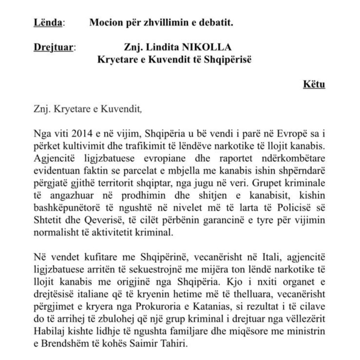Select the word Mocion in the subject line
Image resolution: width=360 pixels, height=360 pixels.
coord(104,23)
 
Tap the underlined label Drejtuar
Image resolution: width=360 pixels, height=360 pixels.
coord(54,47)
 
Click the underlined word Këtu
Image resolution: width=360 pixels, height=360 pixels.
coord(314,85)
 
